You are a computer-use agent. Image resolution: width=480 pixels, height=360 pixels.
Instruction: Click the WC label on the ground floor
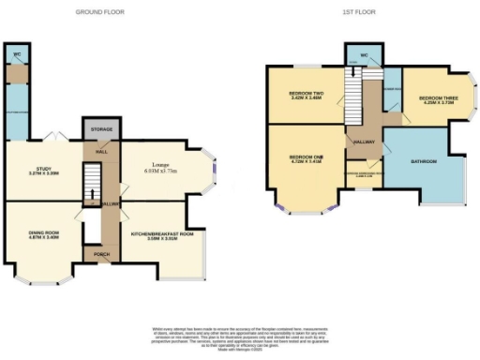16,54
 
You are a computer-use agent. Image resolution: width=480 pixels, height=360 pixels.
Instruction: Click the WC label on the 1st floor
363,56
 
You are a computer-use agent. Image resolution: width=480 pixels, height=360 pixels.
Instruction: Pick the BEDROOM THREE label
436,99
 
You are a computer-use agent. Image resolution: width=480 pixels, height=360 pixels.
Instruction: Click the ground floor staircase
92,183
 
